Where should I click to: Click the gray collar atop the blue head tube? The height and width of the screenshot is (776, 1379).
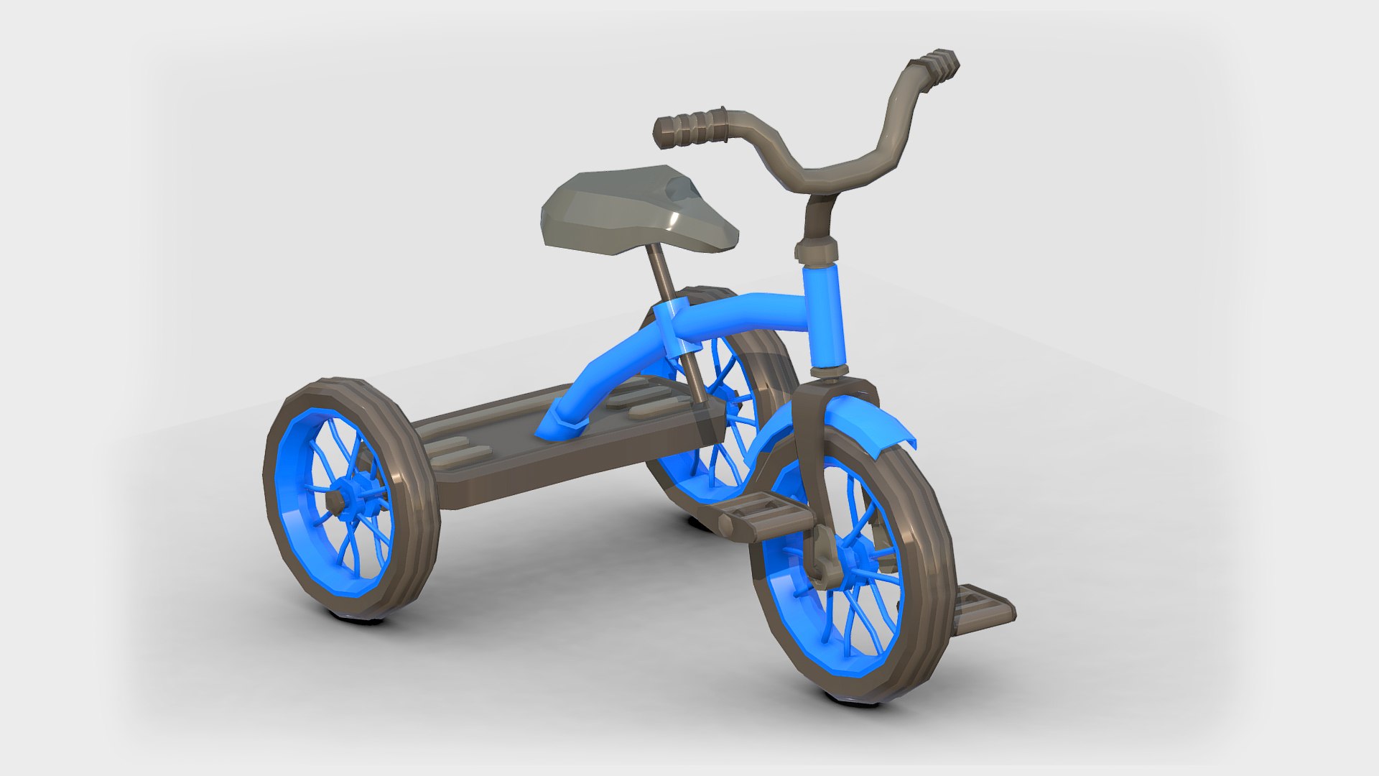(817, 251)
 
